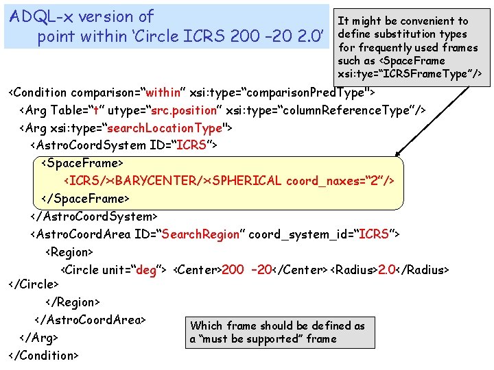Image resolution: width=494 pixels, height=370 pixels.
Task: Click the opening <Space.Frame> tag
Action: point(82,163)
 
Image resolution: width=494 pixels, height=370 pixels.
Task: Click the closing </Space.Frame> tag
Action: point(85,199)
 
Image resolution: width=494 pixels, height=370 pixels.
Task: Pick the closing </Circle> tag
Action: point(33,283)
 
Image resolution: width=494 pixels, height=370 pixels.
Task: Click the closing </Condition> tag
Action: point(43,355)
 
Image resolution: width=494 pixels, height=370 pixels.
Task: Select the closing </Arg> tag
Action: point(38,338)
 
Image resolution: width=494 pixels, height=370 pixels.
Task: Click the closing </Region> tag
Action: point(73,301)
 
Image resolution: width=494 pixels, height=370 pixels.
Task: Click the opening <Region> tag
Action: point(69,252)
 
